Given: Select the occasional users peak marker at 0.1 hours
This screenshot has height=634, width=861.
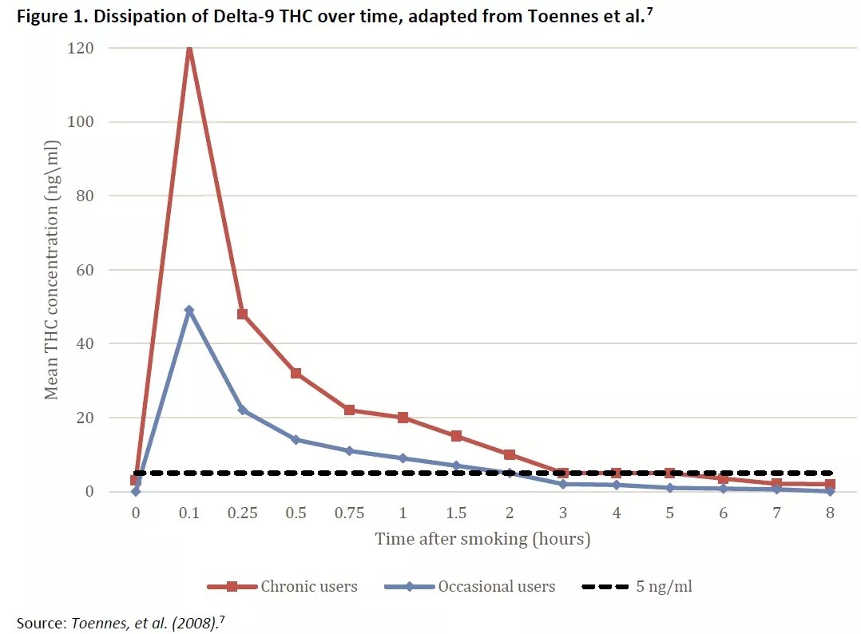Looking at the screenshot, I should pos(189,310).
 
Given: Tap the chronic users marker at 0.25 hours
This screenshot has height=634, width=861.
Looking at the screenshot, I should pos(243,314).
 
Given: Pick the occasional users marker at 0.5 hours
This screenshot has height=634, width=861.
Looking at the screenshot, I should pos(296,439).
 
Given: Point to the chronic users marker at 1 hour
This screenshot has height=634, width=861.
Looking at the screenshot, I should pos(403,418).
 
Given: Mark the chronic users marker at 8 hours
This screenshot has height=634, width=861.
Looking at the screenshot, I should pos(831,484).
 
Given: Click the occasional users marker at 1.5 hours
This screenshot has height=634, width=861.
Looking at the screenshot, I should pos(456,466).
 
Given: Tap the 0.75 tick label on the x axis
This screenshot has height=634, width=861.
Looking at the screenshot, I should pos(349,513).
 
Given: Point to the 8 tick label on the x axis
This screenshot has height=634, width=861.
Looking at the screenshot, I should pos(831,513).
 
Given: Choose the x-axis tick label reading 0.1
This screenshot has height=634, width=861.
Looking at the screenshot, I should pos(189,513).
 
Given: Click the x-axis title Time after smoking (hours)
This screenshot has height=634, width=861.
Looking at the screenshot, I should pos(482,539).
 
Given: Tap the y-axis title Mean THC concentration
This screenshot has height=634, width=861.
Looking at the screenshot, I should pos(52,270).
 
